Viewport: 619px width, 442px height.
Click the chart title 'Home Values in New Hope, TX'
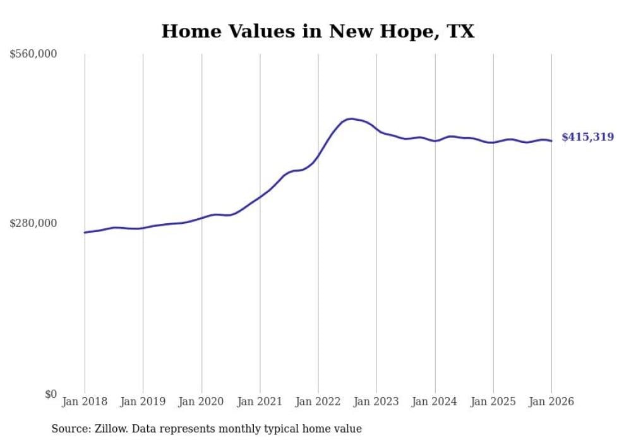[x=318, y=31]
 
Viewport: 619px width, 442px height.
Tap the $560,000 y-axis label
[x=33, y=54]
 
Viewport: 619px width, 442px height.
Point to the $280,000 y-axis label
[x=33, y=223]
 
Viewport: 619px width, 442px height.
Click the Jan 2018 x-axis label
[x=85, y=402]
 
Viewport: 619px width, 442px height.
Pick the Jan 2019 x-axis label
[x=143, y=402]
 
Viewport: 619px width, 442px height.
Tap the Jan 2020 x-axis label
[x=201, y=402]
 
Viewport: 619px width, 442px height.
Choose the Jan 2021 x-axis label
[x=260, y=402]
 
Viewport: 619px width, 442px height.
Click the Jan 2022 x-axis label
[x=318, y=402]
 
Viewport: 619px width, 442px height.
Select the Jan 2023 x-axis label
[x=376, y=402]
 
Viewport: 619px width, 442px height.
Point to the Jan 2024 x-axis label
[x=435, y=402]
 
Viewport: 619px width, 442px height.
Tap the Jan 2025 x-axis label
[x=493, y=402]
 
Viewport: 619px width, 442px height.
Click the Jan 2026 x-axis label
[x=551, y=402]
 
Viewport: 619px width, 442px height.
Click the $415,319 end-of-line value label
[x=587, y=137]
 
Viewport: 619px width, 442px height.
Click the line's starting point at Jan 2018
[x=85, y=233]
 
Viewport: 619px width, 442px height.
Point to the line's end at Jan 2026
[x=551, y=141]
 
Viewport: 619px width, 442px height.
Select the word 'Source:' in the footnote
[x=69, y=429]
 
